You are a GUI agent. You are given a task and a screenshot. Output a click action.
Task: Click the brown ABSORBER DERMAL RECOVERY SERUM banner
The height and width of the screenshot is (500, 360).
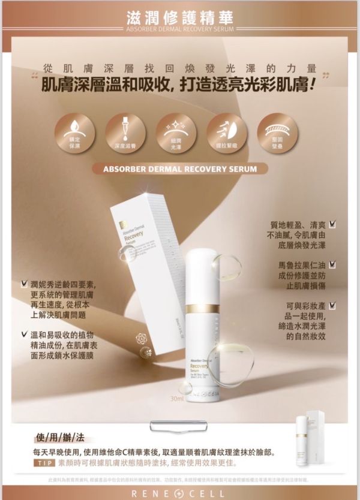[180, 169]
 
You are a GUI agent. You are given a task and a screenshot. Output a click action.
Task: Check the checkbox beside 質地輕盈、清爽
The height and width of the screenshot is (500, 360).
[332, 224]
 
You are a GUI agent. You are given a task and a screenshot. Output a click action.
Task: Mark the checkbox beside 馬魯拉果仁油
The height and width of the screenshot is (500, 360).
[332, 264]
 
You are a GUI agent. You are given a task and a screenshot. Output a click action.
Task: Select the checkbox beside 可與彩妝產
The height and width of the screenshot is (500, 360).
[332, 306]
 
